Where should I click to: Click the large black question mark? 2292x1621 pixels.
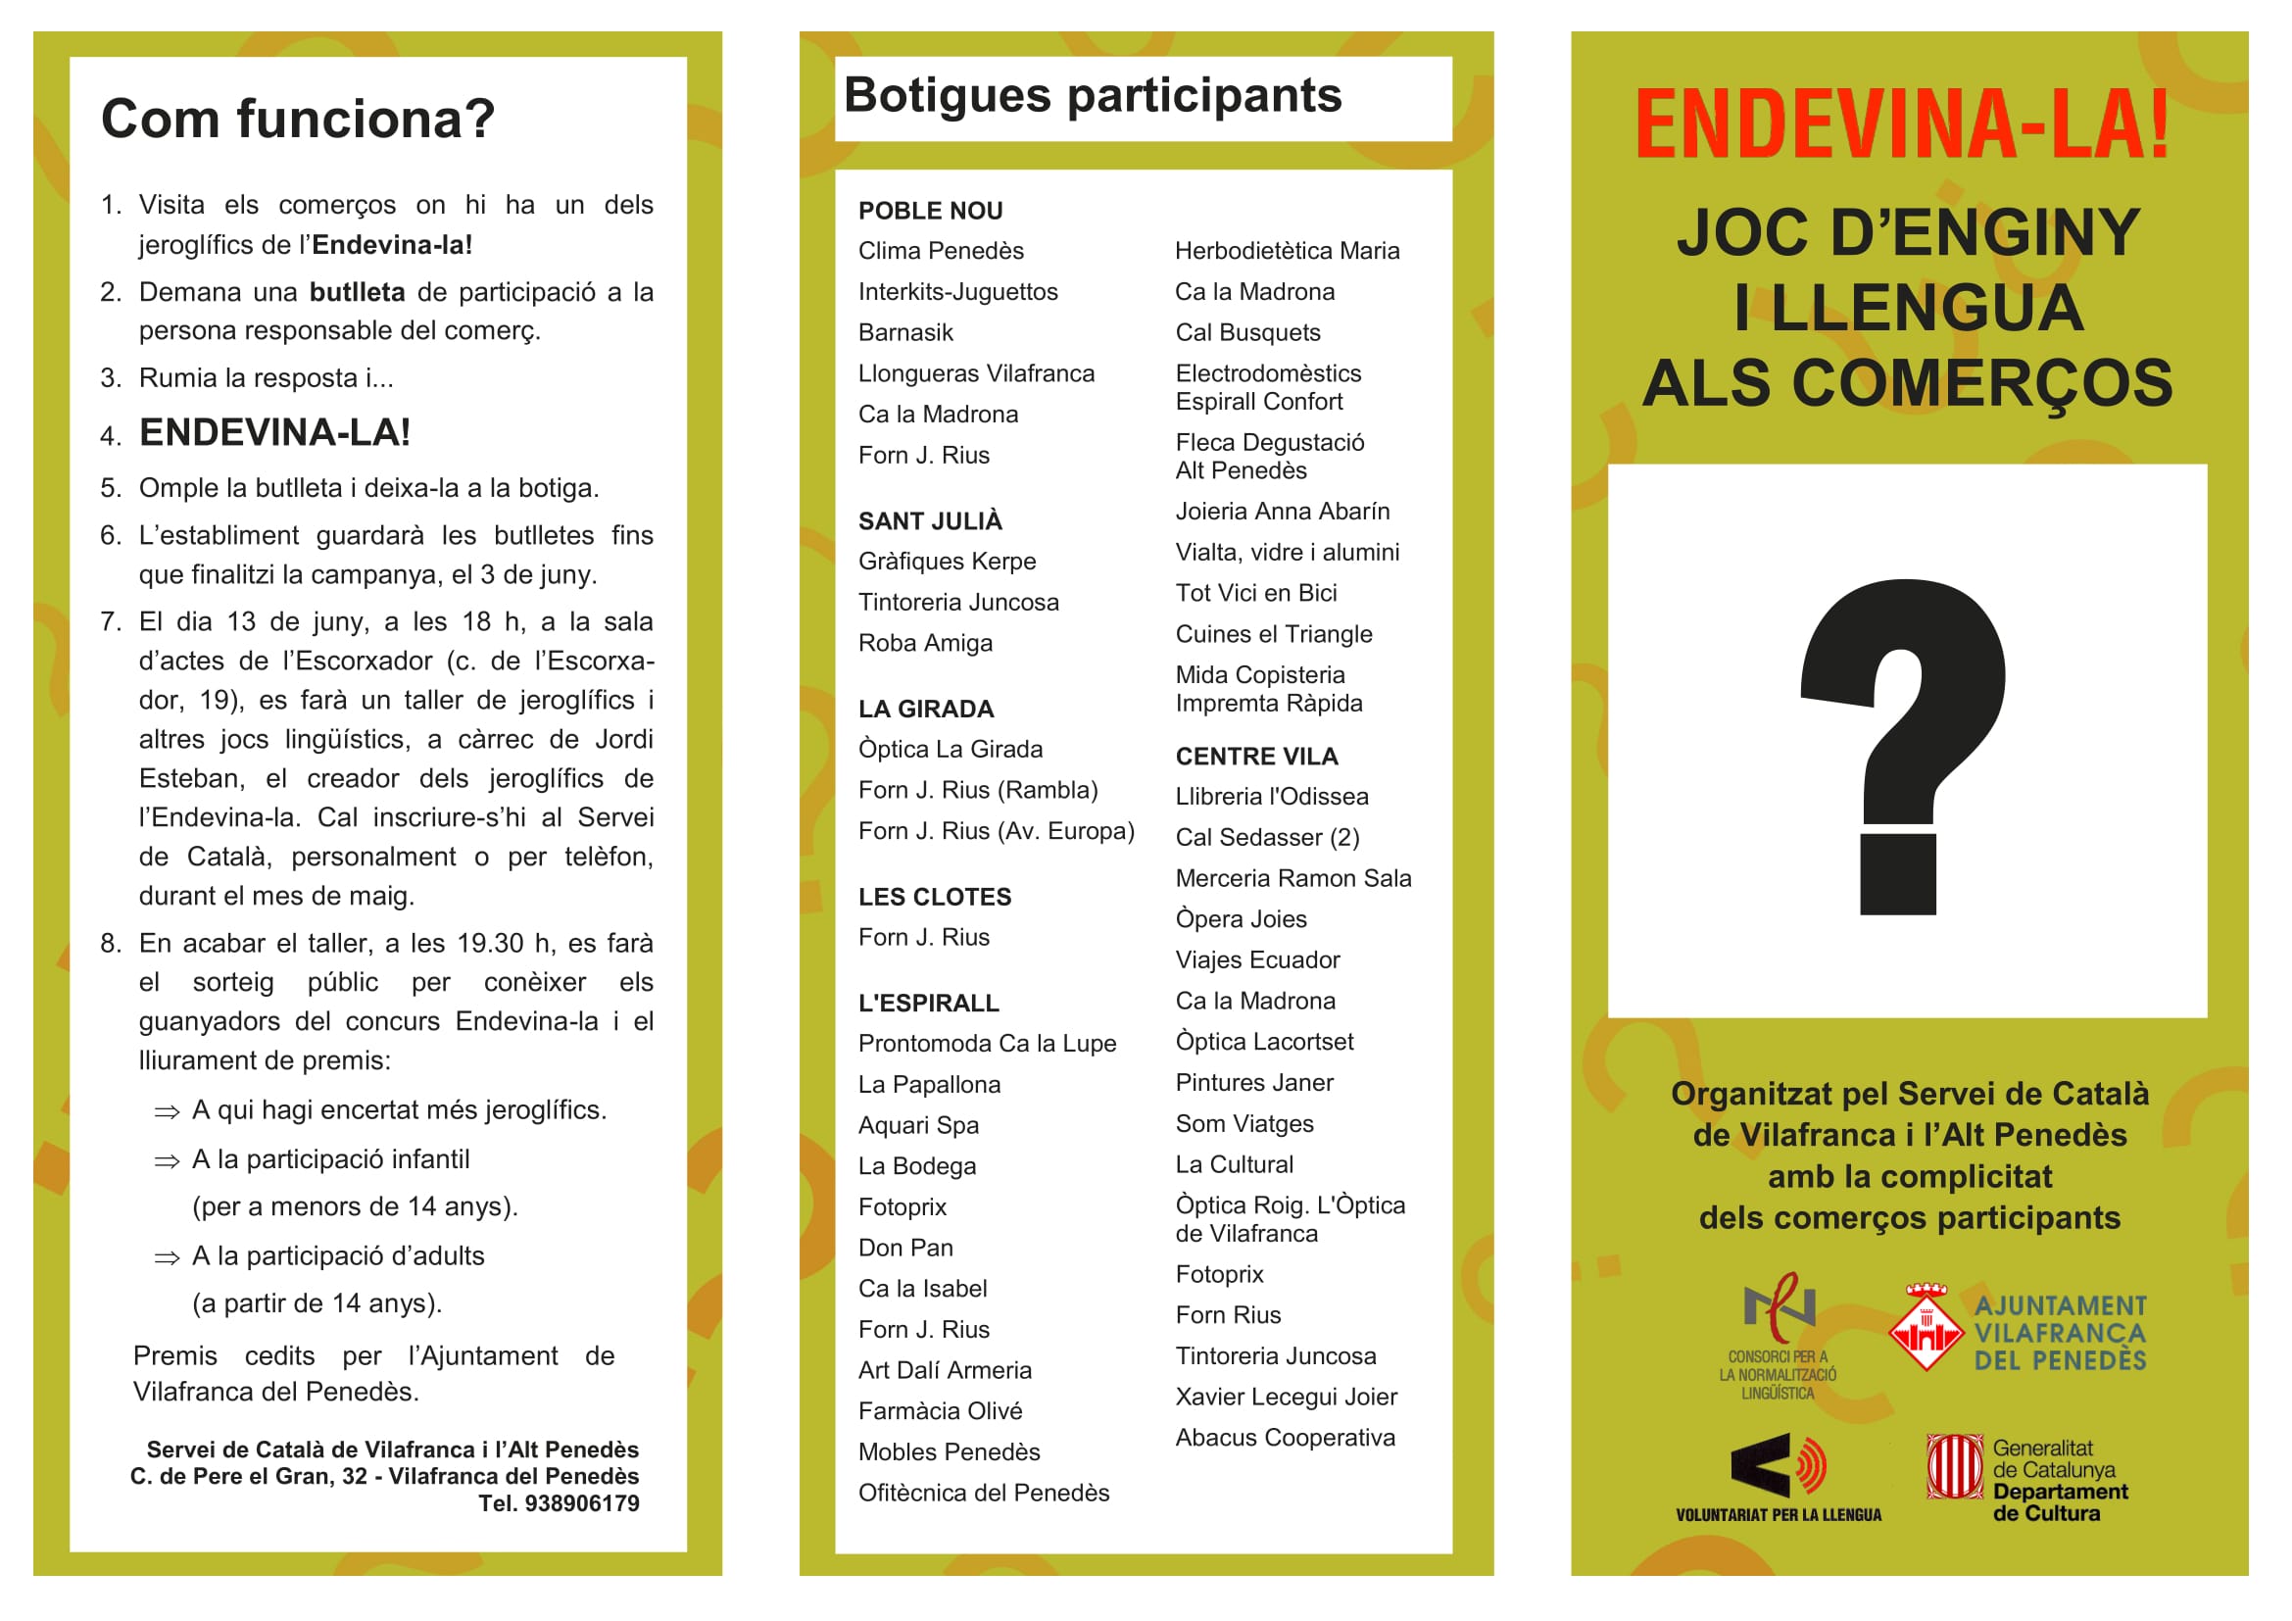(x=1903, y=744)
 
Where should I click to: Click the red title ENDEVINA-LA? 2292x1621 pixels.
(x=1903, y=124)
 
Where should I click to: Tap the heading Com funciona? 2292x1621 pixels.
(x=298, y=119)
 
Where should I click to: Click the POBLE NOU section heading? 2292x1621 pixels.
(x=929, y=211)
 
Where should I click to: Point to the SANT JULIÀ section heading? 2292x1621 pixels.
(x=929, y=521)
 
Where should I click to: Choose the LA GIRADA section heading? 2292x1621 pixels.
(x=925, y=709)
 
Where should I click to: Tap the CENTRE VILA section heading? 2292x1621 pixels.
(x=1256, y=757)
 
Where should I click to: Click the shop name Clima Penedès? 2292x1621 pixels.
(x=941, y=251)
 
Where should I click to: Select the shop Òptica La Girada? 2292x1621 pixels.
(x=950, y=749)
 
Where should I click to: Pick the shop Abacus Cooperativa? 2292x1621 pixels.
(x=1285, y=1438)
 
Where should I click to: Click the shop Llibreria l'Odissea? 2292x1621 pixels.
(x=1271, y=797)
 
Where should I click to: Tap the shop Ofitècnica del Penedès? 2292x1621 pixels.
(x=983, y=1493)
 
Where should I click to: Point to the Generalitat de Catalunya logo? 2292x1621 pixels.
(x=2026, y=1479)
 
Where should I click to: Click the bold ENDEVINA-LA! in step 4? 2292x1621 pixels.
(x=274, y=433)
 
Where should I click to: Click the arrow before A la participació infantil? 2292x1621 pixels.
(x=167, y=1160)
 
